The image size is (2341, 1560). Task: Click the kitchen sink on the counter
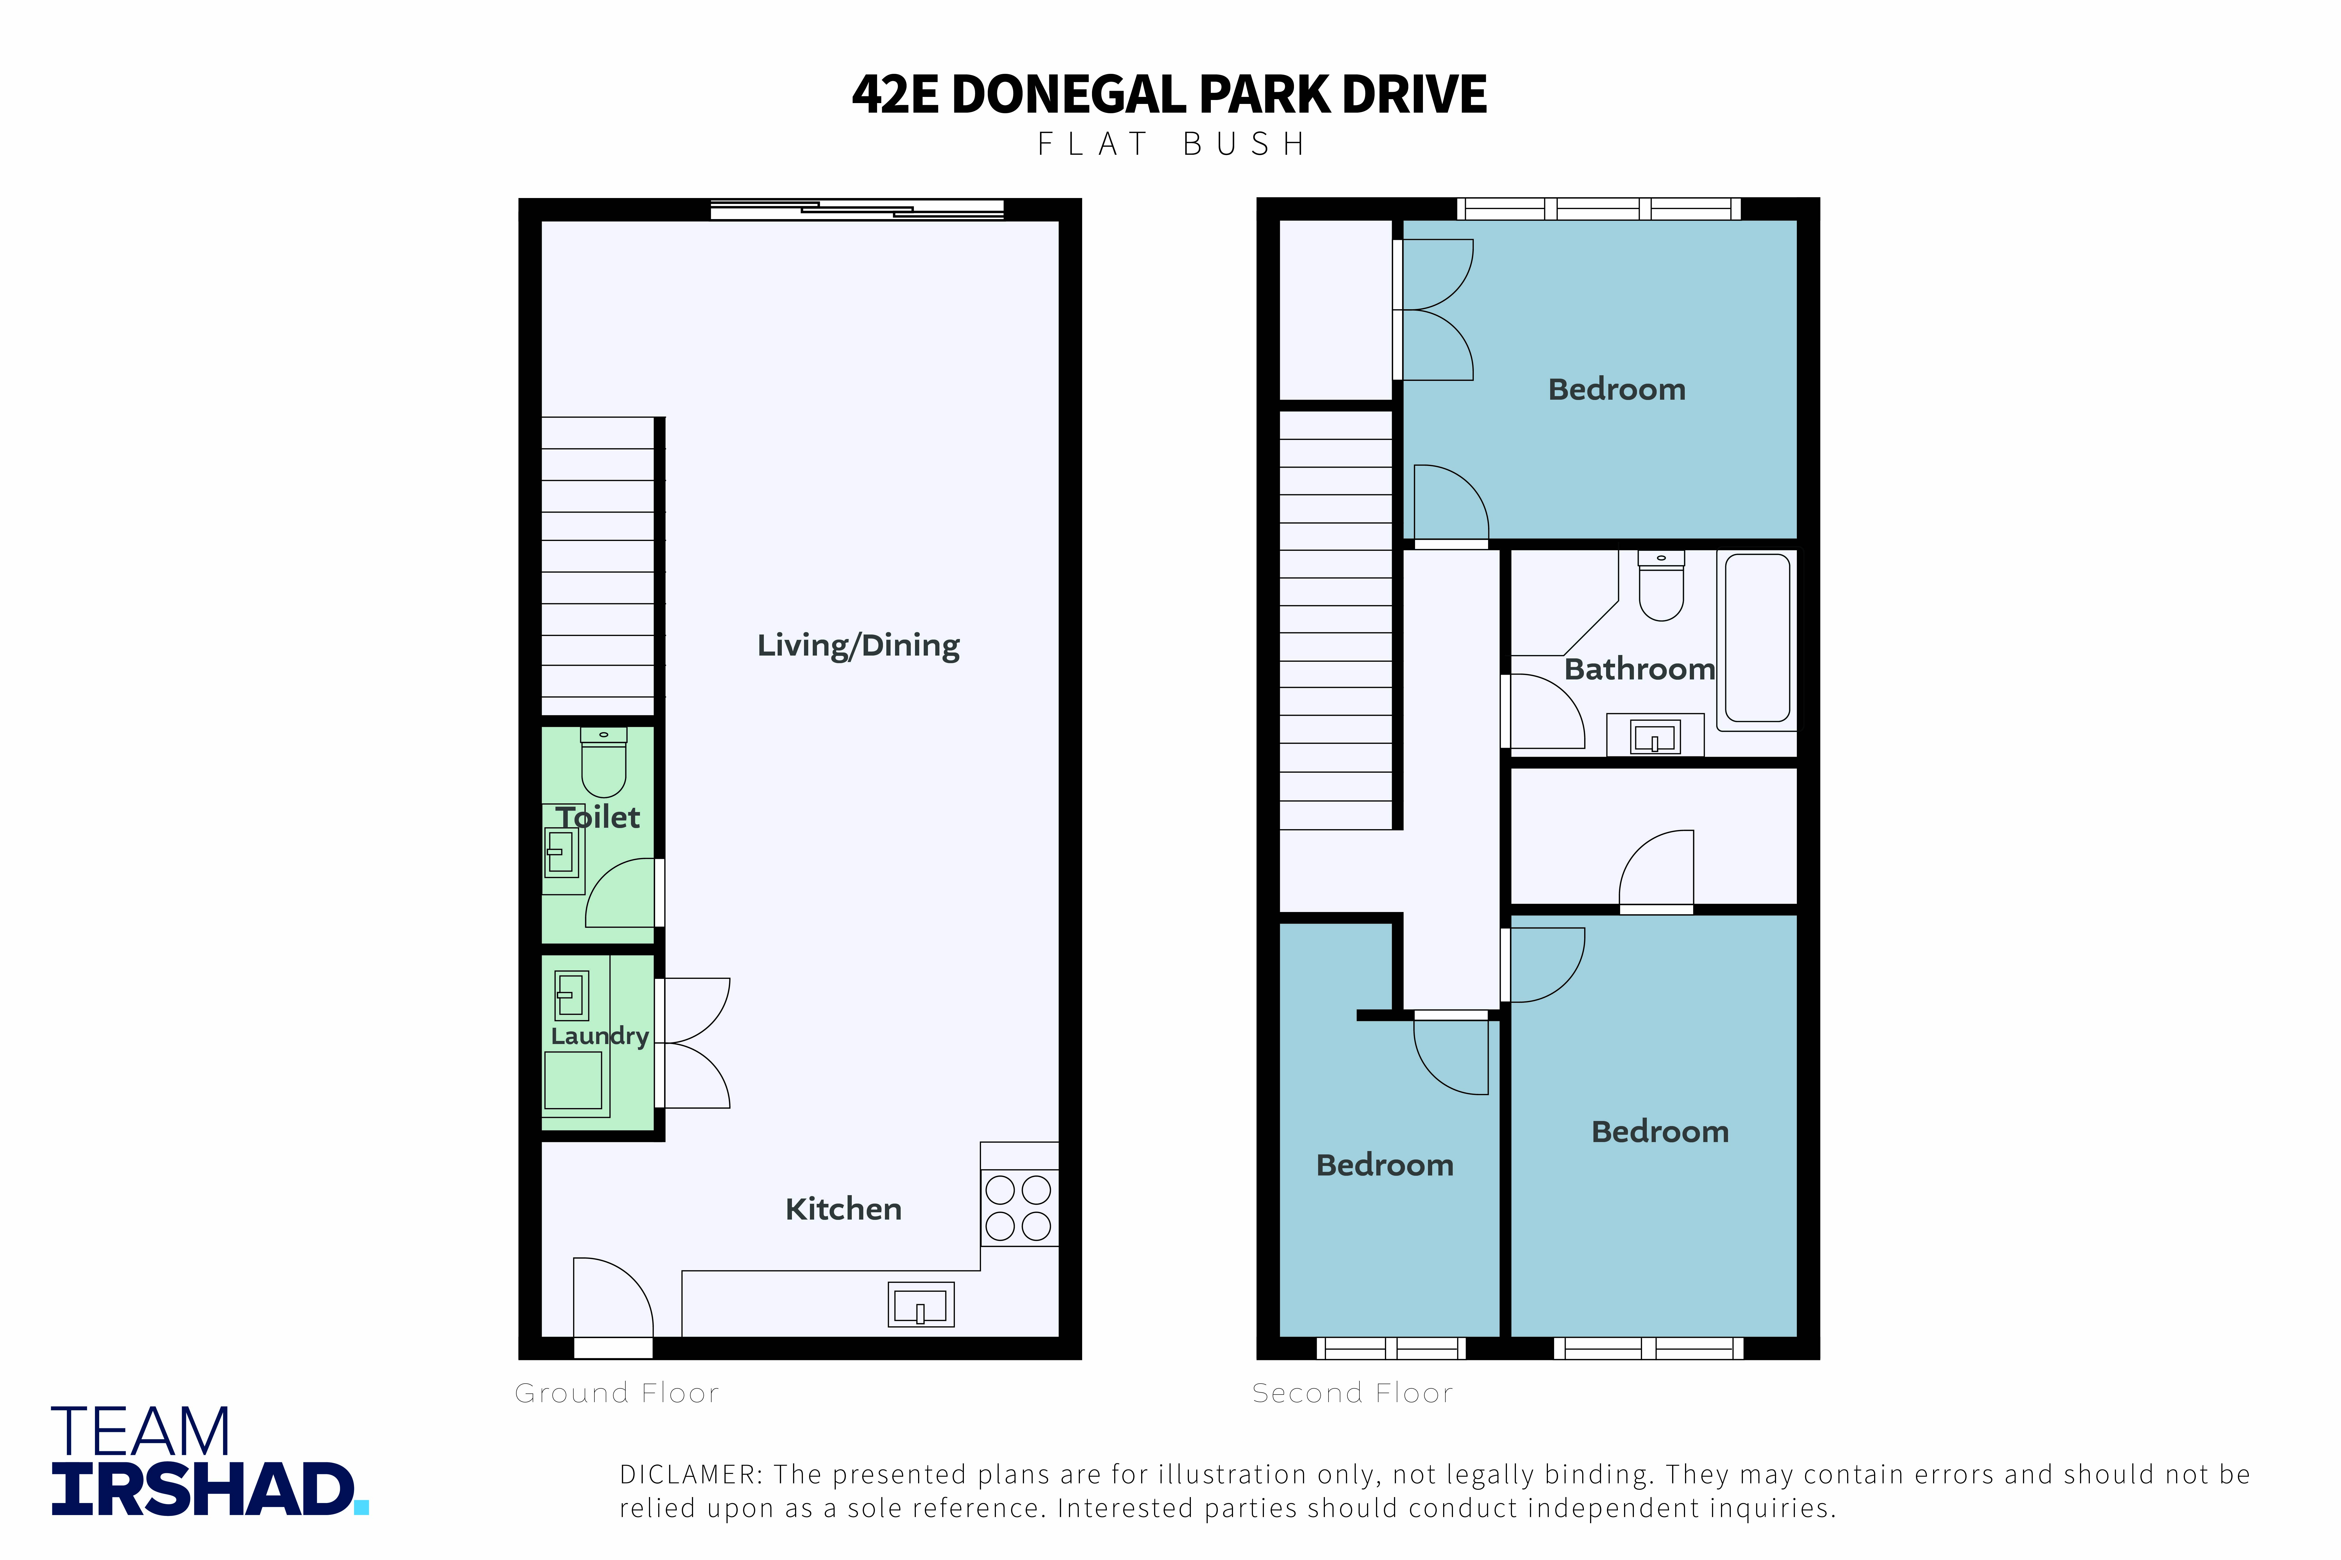920,1304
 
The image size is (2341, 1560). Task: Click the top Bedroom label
1617,389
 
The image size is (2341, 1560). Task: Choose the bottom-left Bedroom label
1385,1165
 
